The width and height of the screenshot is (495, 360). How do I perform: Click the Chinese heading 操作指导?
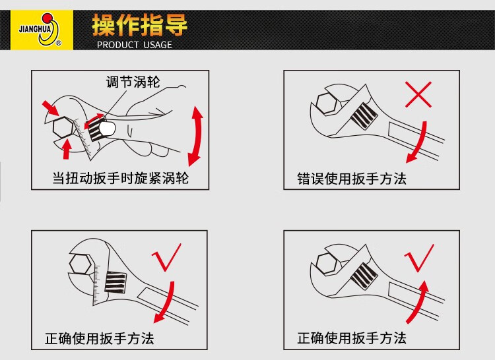coord(139,25)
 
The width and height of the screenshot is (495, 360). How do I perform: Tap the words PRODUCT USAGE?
coord(135,45)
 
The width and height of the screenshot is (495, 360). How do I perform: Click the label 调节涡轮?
coord(133,82)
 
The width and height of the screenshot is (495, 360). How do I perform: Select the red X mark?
coord(418,94)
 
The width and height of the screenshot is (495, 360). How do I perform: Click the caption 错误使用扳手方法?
coord(352,179)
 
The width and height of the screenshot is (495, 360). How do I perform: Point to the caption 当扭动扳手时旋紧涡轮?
coord(120,179)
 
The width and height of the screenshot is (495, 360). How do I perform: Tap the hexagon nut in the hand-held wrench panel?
coord(63,127)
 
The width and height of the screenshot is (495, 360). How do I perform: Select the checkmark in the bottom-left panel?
coord(166,257)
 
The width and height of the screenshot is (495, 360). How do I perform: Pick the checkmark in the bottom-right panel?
coord(419,258)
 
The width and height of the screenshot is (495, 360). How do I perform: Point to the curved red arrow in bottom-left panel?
coord(168,303)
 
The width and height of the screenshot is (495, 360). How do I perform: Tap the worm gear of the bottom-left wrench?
coord(115,282)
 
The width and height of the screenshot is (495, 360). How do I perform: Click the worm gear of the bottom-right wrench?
coord(364,276)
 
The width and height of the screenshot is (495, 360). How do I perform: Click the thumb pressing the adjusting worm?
coord(107,129)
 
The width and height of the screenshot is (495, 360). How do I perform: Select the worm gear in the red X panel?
coord(364,115)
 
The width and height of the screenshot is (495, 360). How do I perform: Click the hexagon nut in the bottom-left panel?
coord(80,264)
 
